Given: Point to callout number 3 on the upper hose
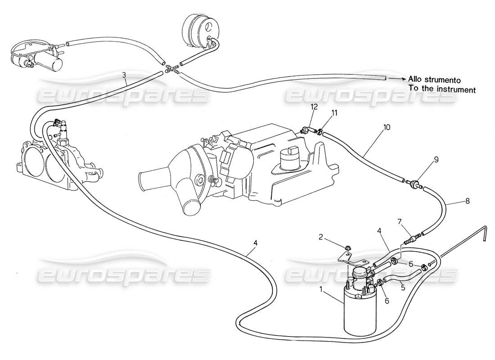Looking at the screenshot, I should tap(124, 75).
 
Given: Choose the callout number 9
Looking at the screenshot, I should tap(423, 159).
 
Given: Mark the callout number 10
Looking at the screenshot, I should tap(387, 127).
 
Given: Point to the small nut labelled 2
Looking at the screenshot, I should tap(348, 248).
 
